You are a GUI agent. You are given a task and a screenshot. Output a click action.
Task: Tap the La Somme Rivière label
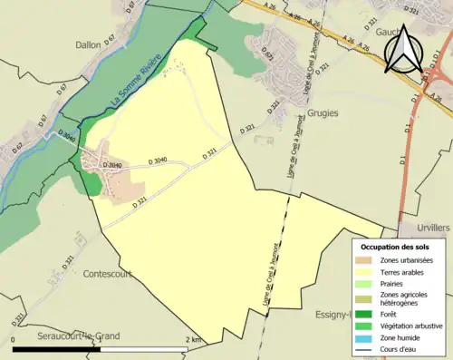pos(135,81)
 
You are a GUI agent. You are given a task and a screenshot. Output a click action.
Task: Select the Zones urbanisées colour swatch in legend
pos(366,261)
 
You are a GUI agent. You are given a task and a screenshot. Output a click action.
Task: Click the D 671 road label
pos(269,58)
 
